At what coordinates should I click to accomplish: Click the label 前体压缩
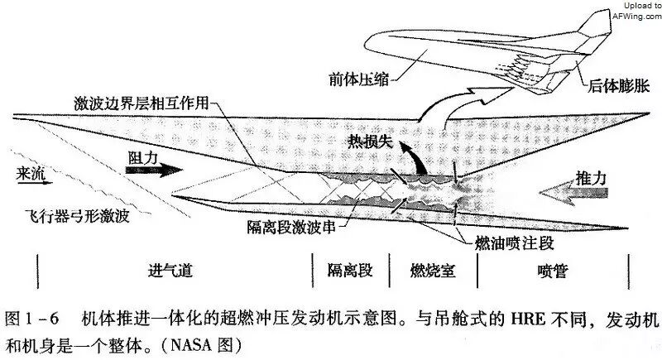tap(358, 79)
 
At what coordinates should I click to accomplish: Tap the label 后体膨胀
tap(618, 86)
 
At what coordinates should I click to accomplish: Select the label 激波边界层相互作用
tap(142, 103)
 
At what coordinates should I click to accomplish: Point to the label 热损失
tap(370, 142)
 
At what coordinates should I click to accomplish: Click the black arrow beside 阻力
tap(154, 170)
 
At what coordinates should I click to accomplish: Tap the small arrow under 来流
tap(35, 183)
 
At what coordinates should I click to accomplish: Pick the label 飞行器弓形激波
tap(77, 216)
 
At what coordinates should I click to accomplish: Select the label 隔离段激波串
tap(291, 227)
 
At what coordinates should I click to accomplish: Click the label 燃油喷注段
tap(514, 243)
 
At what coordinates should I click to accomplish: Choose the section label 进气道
tap(170, 270)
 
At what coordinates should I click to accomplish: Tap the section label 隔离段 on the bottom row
tap(350, 270)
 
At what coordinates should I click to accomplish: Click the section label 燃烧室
tap(433, 270)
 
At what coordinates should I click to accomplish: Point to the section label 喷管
tap(553, 271)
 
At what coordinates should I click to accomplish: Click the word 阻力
tap(143, 157)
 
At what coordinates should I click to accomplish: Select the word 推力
tap(591, 179)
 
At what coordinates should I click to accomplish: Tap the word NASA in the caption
tap(191, 345)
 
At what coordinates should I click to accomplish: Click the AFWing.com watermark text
tap(637, 17)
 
